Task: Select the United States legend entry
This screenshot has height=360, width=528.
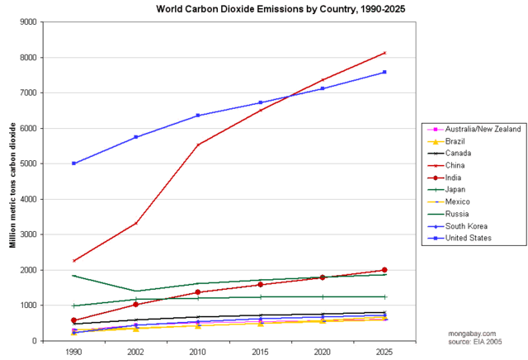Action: [468, 238]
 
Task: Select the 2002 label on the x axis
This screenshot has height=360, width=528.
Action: [136, 352]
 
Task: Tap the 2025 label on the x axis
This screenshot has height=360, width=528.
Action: [384, 352]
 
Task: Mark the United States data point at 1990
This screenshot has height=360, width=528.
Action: [74, 163]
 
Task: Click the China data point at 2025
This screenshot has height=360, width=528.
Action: [384, 53]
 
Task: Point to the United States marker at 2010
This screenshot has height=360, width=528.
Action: [198, 116]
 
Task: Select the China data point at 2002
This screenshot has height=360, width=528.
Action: [136, 223]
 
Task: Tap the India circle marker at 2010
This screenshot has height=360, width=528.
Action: [198, 292]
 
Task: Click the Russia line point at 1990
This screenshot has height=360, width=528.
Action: [74, 276]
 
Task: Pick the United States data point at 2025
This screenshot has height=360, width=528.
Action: [384, 72]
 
